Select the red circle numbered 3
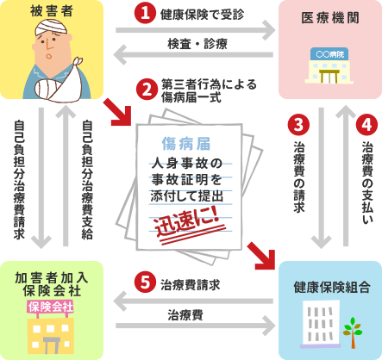(298, 125)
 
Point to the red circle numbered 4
(366, 125)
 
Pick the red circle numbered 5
(145, 282)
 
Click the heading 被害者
(52, 11)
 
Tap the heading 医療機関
(330, 18)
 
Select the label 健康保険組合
(332, 287)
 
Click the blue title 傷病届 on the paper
(186, 144)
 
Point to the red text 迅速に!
(187, 222)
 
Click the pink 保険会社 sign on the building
(51, 307)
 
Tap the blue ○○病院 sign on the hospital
(329, 54)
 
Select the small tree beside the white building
(353, 332)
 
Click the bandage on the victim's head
(52, 28)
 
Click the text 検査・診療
(197, 44)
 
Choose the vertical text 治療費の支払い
(367, 183)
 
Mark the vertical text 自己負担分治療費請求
(19, 180)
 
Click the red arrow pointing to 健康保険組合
(261, 256)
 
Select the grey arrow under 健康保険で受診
(196, 30)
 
